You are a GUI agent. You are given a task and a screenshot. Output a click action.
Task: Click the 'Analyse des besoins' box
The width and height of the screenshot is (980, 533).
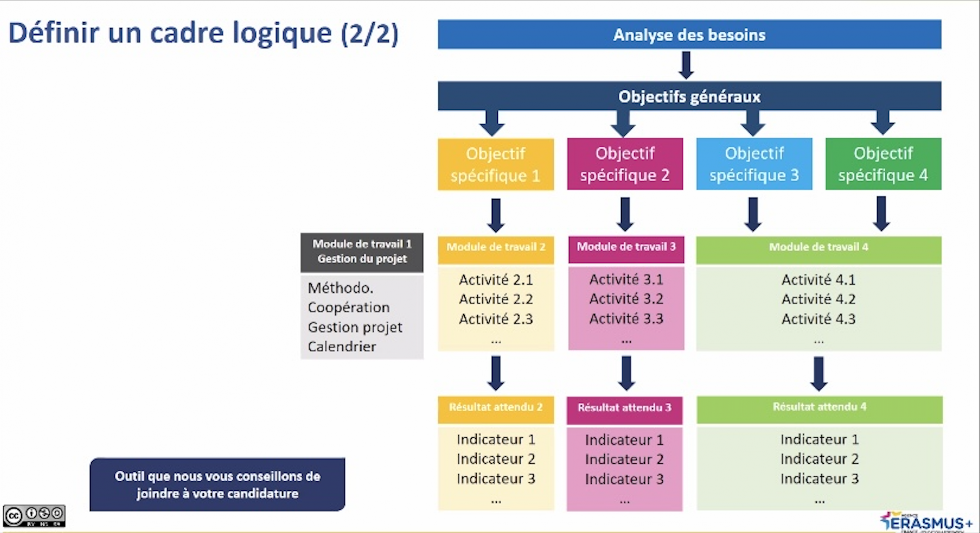[x=689, y=34]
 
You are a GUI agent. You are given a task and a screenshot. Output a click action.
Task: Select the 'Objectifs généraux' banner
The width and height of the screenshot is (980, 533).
[x=689, y=96]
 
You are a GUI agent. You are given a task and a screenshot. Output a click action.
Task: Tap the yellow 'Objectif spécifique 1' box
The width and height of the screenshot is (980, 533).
[x=496, y=164]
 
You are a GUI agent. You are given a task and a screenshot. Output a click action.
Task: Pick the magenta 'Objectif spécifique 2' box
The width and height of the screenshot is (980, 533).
[x=625, y=164]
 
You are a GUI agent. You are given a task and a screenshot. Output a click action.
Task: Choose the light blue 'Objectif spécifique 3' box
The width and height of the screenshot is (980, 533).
[x=754, y=164]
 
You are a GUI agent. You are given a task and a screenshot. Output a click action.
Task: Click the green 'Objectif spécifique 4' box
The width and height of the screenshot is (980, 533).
[x=883, y=164]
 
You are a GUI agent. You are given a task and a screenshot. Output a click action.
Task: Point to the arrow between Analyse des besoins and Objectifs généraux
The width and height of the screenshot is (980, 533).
[x=686, y=65]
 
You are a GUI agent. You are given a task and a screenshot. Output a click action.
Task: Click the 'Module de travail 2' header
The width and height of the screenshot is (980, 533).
[x=496, y=247]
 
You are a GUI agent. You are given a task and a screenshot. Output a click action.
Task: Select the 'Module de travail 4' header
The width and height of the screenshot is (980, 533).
[x=818, y=247]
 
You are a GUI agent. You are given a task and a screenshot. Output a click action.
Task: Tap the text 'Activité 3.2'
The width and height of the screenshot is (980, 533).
[x=626, y=299]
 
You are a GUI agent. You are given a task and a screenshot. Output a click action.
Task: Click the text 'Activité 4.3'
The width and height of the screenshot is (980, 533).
[x=818, y=319]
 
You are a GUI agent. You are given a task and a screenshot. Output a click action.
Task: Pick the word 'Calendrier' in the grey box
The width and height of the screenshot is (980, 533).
[x=342, y=347]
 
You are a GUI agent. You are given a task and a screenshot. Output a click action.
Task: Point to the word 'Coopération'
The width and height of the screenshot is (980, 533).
[x=349, y=307]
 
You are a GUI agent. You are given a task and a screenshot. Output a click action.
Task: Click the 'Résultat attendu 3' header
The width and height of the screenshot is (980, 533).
[x=624, y=408]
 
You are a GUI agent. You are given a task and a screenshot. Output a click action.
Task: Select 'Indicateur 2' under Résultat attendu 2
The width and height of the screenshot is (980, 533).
[x=496, y=459]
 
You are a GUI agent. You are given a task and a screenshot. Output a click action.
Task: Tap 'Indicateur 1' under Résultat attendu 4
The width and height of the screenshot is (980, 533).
[x=820, y=440]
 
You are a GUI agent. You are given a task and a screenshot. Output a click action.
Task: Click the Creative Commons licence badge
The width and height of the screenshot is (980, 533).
[x=34, y=516]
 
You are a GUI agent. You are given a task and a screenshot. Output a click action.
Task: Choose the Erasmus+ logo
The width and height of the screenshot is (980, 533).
[x=926, y=522]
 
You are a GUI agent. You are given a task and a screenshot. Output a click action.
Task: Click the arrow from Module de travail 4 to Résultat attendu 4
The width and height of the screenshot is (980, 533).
[x=819, y=374]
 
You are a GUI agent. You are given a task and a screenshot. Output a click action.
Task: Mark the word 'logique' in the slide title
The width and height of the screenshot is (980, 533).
[x=282, y=34]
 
